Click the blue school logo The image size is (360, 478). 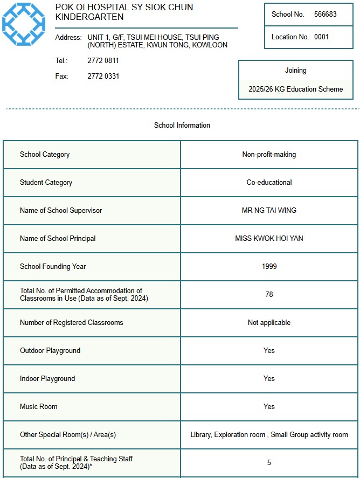coord(24,23)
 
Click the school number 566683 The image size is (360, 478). coord(325,15)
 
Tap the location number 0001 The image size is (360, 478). coord(321,37)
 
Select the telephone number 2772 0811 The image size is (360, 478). coord(103,61)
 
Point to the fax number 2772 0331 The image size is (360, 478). coord(103,77)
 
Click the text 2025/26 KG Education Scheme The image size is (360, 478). coord(295,89)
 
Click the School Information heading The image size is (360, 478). coord(182,126)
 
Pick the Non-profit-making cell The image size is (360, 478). coord(269,155)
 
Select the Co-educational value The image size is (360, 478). coord(269,183)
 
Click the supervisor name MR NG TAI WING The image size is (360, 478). coord(269,211)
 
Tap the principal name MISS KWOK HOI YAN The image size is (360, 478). coord(269,239)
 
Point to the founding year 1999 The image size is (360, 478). coord(269,267)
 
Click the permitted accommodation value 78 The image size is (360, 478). coord(269,295)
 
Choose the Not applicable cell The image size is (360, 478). coord(269,323)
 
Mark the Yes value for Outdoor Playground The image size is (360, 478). coord(269,351)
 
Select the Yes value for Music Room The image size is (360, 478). coord(269,407)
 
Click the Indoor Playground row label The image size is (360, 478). coord(47,379)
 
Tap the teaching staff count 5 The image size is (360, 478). coord(269,463)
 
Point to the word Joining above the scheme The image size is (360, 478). coord(295,71)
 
